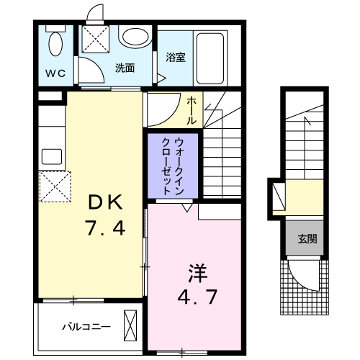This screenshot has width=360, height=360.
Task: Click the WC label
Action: (55, 73)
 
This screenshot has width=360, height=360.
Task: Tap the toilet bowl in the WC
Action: (56, 44)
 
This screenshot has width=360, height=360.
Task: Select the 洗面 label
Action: (125, 68)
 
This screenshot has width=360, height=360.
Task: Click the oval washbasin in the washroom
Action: (135, 37)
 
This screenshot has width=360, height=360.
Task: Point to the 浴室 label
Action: (176, 58)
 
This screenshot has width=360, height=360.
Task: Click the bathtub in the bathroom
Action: (210, 58)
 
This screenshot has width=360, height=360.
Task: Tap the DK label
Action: (106, 203)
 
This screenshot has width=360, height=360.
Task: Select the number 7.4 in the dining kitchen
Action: (105, 228)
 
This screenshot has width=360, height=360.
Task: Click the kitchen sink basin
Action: (52, 157)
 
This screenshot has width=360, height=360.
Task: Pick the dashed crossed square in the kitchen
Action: (55, 186)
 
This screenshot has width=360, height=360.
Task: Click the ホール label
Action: (192, 110)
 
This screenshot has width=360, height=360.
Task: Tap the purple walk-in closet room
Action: (173, 166)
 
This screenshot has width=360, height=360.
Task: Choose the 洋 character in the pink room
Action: (198, 274)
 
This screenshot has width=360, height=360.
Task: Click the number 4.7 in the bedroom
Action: (197, 297)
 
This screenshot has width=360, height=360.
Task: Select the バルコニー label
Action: (86, 327)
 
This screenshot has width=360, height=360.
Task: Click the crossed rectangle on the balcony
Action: (130, 325)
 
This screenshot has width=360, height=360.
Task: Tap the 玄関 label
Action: (307, 239)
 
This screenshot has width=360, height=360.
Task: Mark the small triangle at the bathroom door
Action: (162, 78)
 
